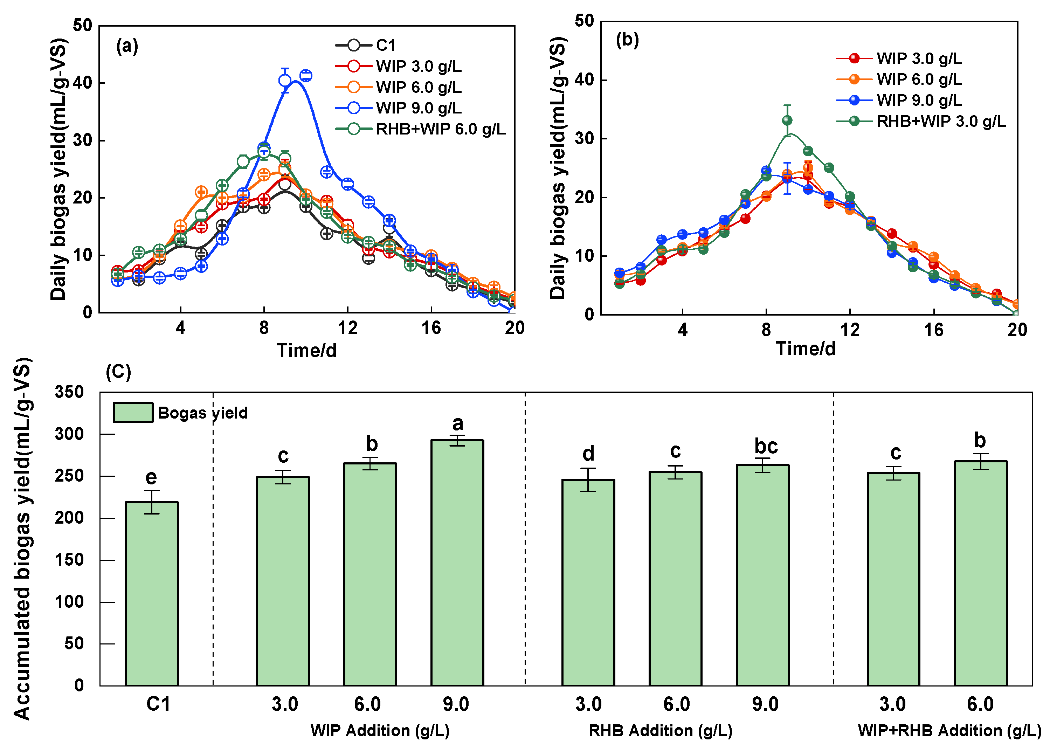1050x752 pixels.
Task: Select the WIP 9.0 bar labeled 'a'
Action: [x=457, y=563]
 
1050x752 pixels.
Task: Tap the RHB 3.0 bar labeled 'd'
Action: [x=588, y=582]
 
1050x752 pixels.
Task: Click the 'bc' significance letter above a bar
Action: [x=766, y=446]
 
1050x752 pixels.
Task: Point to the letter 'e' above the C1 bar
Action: [x=151, y=477]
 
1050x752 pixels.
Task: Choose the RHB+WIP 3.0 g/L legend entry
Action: [x=921, y=121]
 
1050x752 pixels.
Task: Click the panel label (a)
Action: [x=127, y=46]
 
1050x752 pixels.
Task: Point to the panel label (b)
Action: [x=627, y=40]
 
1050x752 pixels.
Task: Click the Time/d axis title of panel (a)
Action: [x=306, y=351]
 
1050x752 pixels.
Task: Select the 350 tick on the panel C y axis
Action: [x=69, y=392]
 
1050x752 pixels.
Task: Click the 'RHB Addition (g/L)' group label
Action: [x=661, y=730]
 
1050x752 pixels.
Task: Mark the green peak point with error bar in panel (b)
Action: [x=787, y=120]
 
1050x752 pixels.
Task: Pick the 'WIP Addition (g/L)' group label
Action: [x=380, y=730]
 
